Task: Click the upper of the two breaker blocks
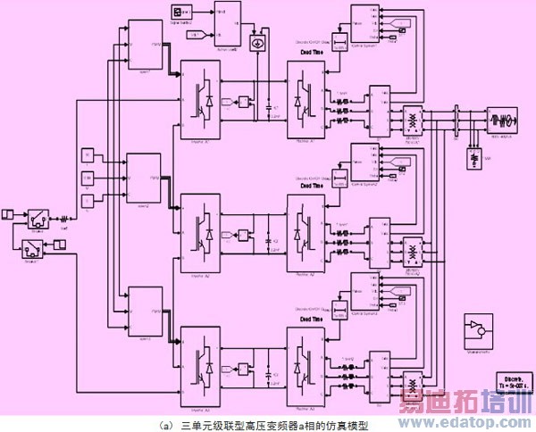click(37, 218)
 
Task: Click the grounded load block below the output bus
click(473, 158)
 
